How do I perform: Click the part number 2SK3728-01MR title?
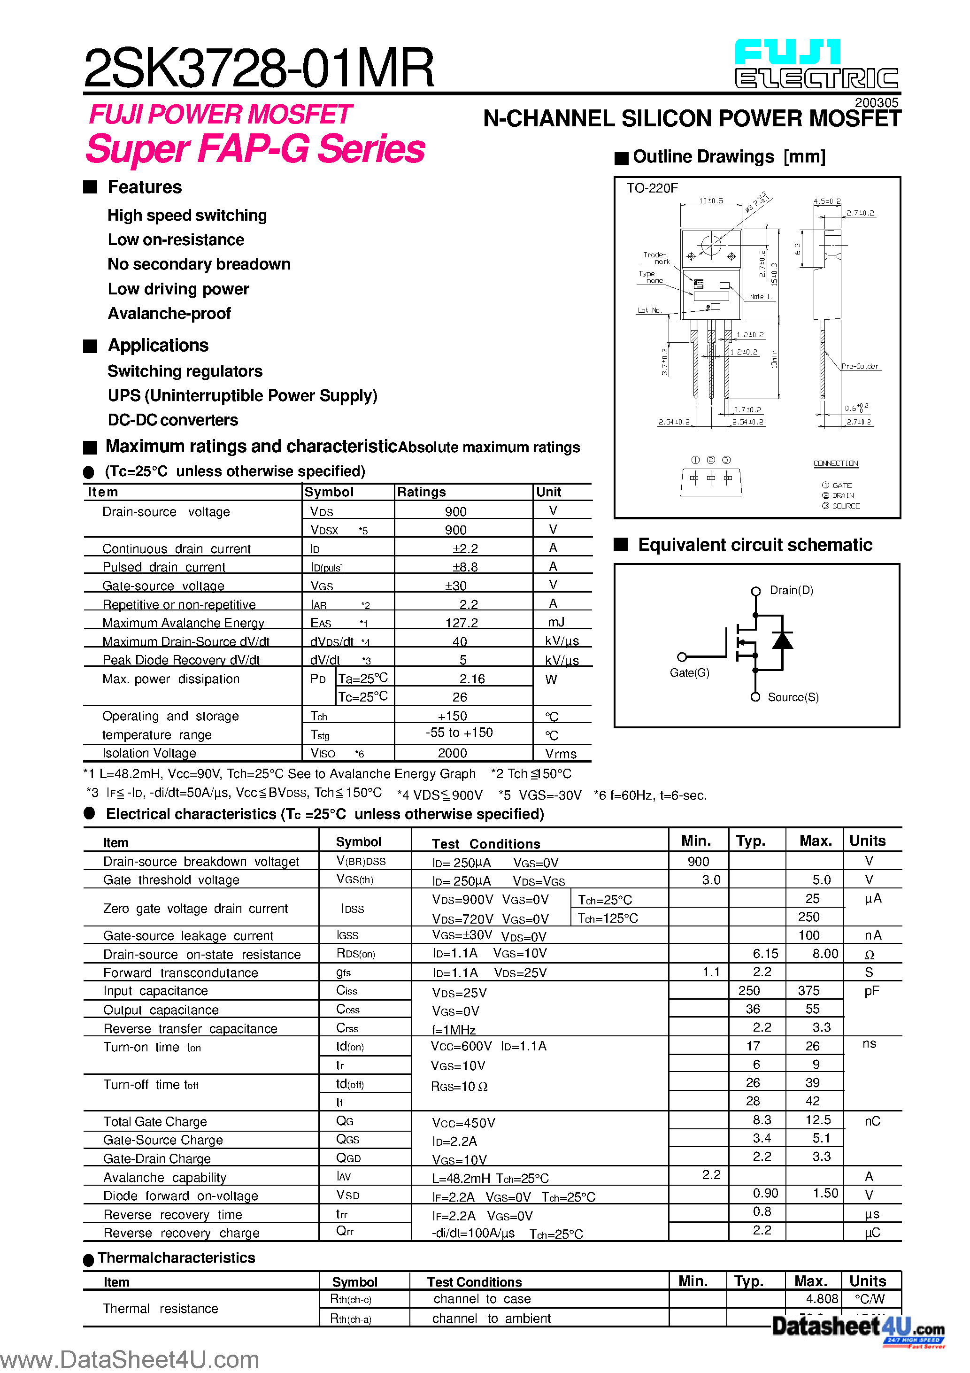coord(258,68)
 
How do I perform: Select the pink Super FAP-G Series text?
coord(255,149)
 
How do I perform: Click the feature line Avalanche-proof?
coord(169,313)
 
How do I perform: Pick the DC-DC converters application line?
coord(173,420)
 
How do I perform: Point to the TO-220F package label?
coord(652,188)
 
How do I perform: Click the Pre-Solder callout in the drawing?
coord(859,366)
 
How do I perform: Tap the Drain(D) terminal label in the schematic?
coord(791,590)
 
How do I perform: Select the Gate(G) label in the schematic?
coord(690,673)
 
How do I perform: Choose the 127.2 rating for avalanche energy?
coord(461,623)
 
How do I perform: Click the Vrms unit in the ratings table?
coord(560,754)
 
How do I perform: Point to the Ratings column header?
coord(422,492)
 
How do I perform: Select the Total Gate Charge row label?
coord(155,1122)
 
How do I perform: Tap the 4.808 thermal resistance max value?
coord(822,1299)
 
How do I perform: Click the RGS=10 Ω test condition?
coord(459,1087)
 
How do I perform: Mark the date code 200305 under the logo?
coord(876,103)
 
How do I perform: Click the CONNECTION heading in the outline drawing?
coord(835,463)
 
